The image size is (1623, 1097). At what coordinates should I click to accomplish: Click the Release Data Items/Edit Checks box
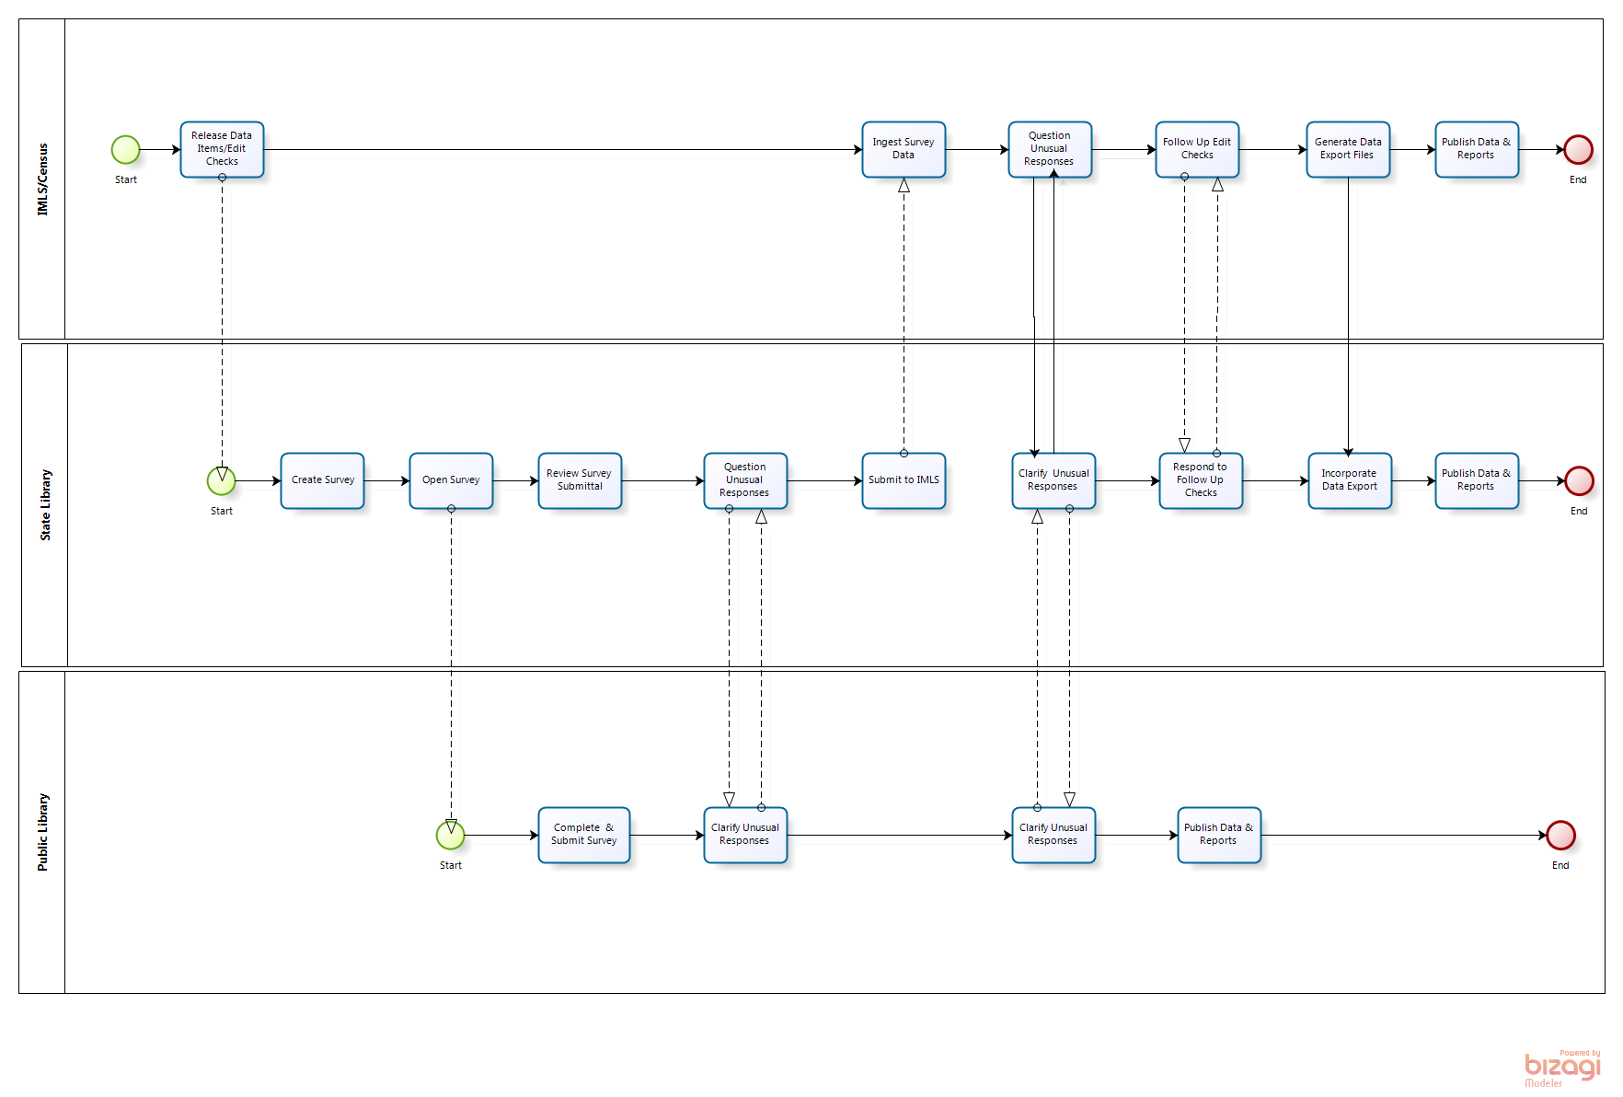click(x=222, y=149)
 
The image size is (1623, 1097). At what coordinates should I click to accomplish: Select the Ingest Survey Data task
click(x=904, y=149)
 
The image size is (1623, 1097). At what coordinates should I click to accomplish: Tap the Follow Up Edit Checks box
click(x=1197, y=149)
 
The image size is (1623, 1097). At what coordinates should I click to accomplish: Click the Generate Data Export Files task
click(x=1348, y=149)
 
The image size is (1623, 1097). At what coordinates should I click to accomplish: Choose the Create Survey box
click(x=323, y=480)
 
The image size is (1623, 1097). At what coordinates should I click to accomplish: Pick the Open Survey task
click(x=451, y=480)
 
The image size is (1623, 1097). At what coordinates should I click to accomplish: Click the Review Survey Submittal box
click(x=580, y=480)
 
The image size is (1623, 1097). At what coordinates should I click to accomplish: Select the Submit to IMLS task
click(x=904, y=480)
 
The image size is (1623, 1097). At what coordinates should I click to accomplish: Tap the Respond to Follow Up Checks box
click(x=1201, y=480)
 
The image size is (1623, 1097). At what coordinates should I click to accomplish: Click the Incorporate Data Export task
click(x=1350, y=480)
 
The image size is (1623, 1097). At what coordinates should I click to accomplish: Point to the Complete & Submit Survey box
click(x=584, y=835)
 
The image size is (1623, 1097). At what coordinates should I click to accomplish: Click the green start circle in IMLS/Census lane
click(x=125, y=149)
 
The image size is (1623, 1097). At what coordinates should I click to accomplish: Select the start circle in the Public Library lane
click(x=450, y=835)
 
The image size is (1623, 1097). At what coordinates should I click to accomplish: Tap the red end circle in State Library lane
click(x=1579, y=480)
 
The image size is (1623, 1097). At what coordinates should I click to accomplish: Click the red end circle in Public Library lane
click(x=1560, y=835)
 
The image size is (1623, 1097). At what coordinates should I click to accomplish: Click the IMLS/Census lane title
click(x=42, y=179)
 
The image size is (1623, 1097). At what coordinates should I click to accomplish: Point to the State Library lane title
click(x=45, y=505)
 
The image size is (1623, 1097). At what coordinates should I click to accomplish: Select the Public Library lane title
click(x=42, y=832)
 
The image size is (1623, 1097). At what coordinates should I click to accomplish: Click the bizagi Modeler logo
click(x=1562, y=1068)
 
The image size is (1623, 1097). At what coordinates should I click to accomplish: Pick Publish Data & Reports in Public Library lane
click(x=1219, y=835)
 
